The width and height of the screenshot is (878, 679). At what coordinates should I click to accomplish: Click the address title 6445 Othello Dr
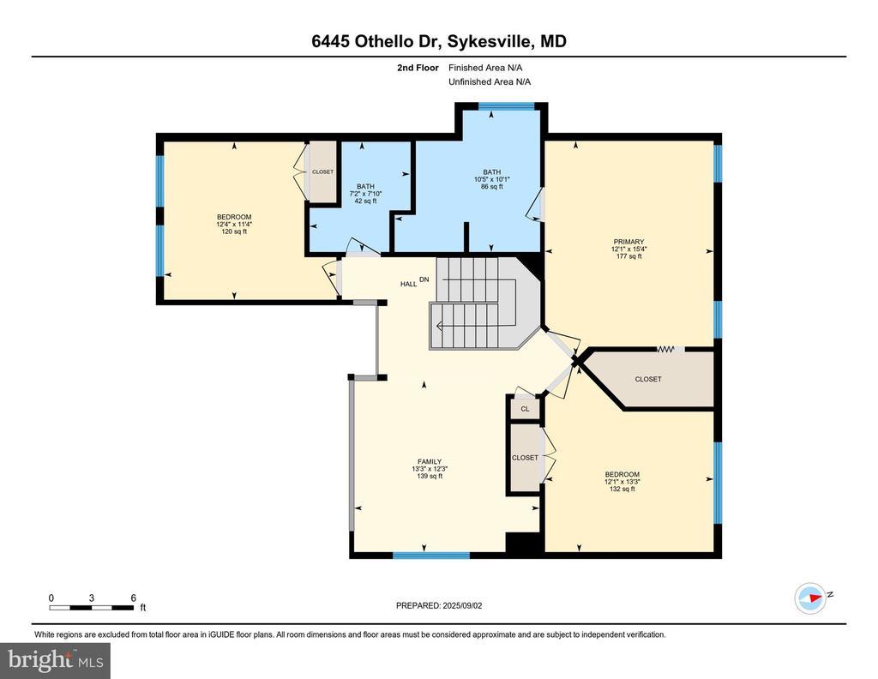[x=377, y=41]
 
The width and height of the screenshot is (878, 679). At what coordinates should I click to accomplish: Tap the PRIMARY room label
[x=628, y=242]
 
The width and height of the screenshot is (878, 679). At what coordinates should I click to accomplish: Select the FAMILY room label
[x=430, y=462]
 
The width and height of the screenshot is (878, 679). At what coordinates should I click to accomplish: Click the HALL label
[x=408, y=284]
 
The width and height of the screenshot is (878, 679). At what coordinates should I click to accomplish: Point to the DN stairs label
[x=424, y=279]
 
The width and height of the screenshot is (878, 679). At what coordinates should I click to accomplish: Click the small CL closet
[x=525, y=409]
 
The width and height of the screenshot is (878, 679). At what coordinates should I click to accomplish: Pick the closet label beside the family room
[x=525, y=457]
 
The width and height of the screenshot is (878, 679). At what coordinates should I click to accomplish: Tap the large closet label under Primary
[x=648, y=379]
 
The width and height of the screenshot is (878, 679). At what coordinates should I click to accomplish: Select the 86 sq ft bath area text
[x=492, y=186]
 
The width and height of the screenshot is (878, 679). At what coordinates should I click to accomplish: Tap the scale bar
[x=92, y=607]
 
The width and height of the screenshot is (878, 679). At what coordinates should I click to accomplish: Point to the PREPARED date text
[x=439, y=605]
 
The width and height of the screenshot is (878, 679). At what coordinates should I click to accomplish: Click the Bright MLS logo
[x=55, y=660]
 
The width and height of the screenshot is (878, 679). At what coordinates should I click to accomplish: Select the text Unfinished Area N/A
[x=490, y=81]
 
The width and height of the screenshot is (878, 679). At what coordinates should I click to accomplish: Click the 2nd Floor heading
[x=418, y=68]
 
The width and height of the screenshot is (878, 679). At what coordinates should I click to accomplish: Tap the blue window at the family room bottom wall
[x=430, y=556]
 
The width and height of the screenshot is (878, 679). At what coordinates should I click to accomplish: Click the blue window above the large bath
[x=507, y=105]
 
